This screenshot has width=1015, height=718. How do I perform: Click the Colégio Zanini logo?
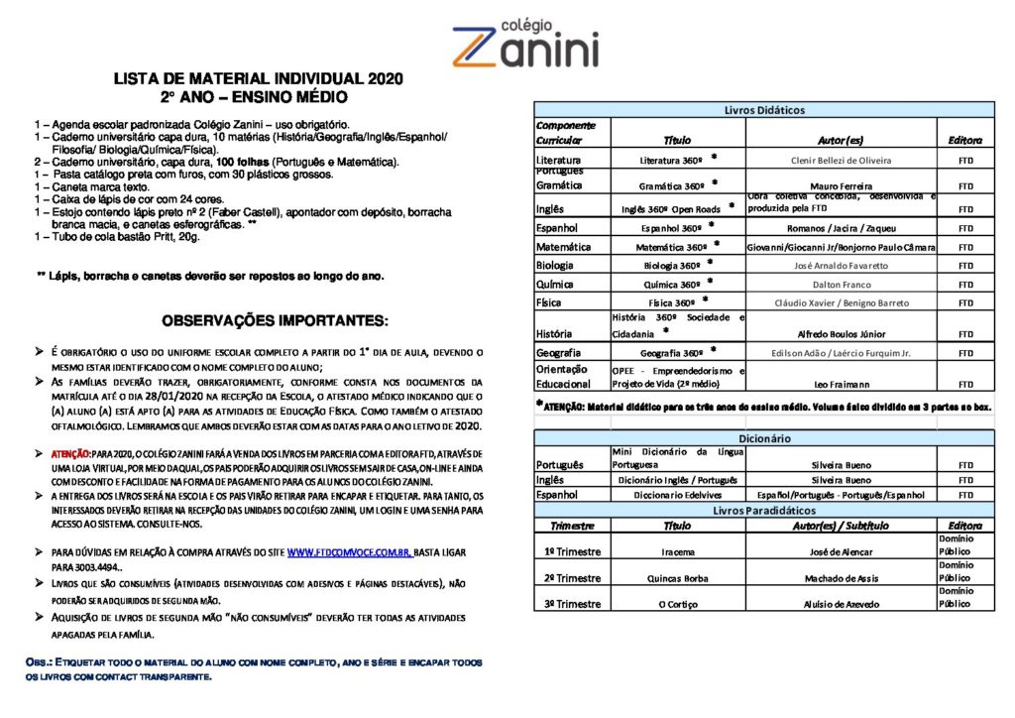point(524,44)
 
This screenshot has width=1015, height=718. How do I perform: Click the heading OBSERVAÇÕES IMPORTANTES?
point(275,320)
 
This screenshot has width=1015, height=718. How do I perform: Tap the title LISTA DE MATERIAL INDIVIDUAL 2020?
point(258,79)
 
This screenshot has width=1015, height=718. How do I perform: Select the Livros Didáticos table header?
point(763,110)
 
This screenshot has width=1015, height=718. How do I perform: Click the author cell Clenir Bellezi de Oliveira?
point(841,160)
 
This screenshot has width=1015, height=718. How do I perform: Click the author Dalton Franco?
point(841,284)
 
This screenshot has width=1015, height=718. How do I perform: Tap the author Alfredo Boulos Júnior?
point(841,333)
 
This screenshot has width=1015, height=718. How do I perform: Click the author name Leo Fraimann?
point(841,384)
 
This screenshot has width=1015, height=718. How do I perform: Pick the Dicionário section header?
point(763,437)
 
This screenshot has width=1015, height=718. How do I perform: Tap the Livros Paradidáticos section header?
point(763,510)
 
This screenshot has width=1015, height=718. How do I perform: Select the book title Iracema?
point(678,551)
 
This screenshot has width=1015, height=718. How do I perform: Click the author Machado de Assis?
point(841,578)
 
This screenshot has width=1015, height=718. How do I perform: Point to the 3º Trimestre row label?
point(572,603)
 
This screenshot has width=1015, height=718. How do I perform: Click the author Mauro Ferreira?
point(841,186)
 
